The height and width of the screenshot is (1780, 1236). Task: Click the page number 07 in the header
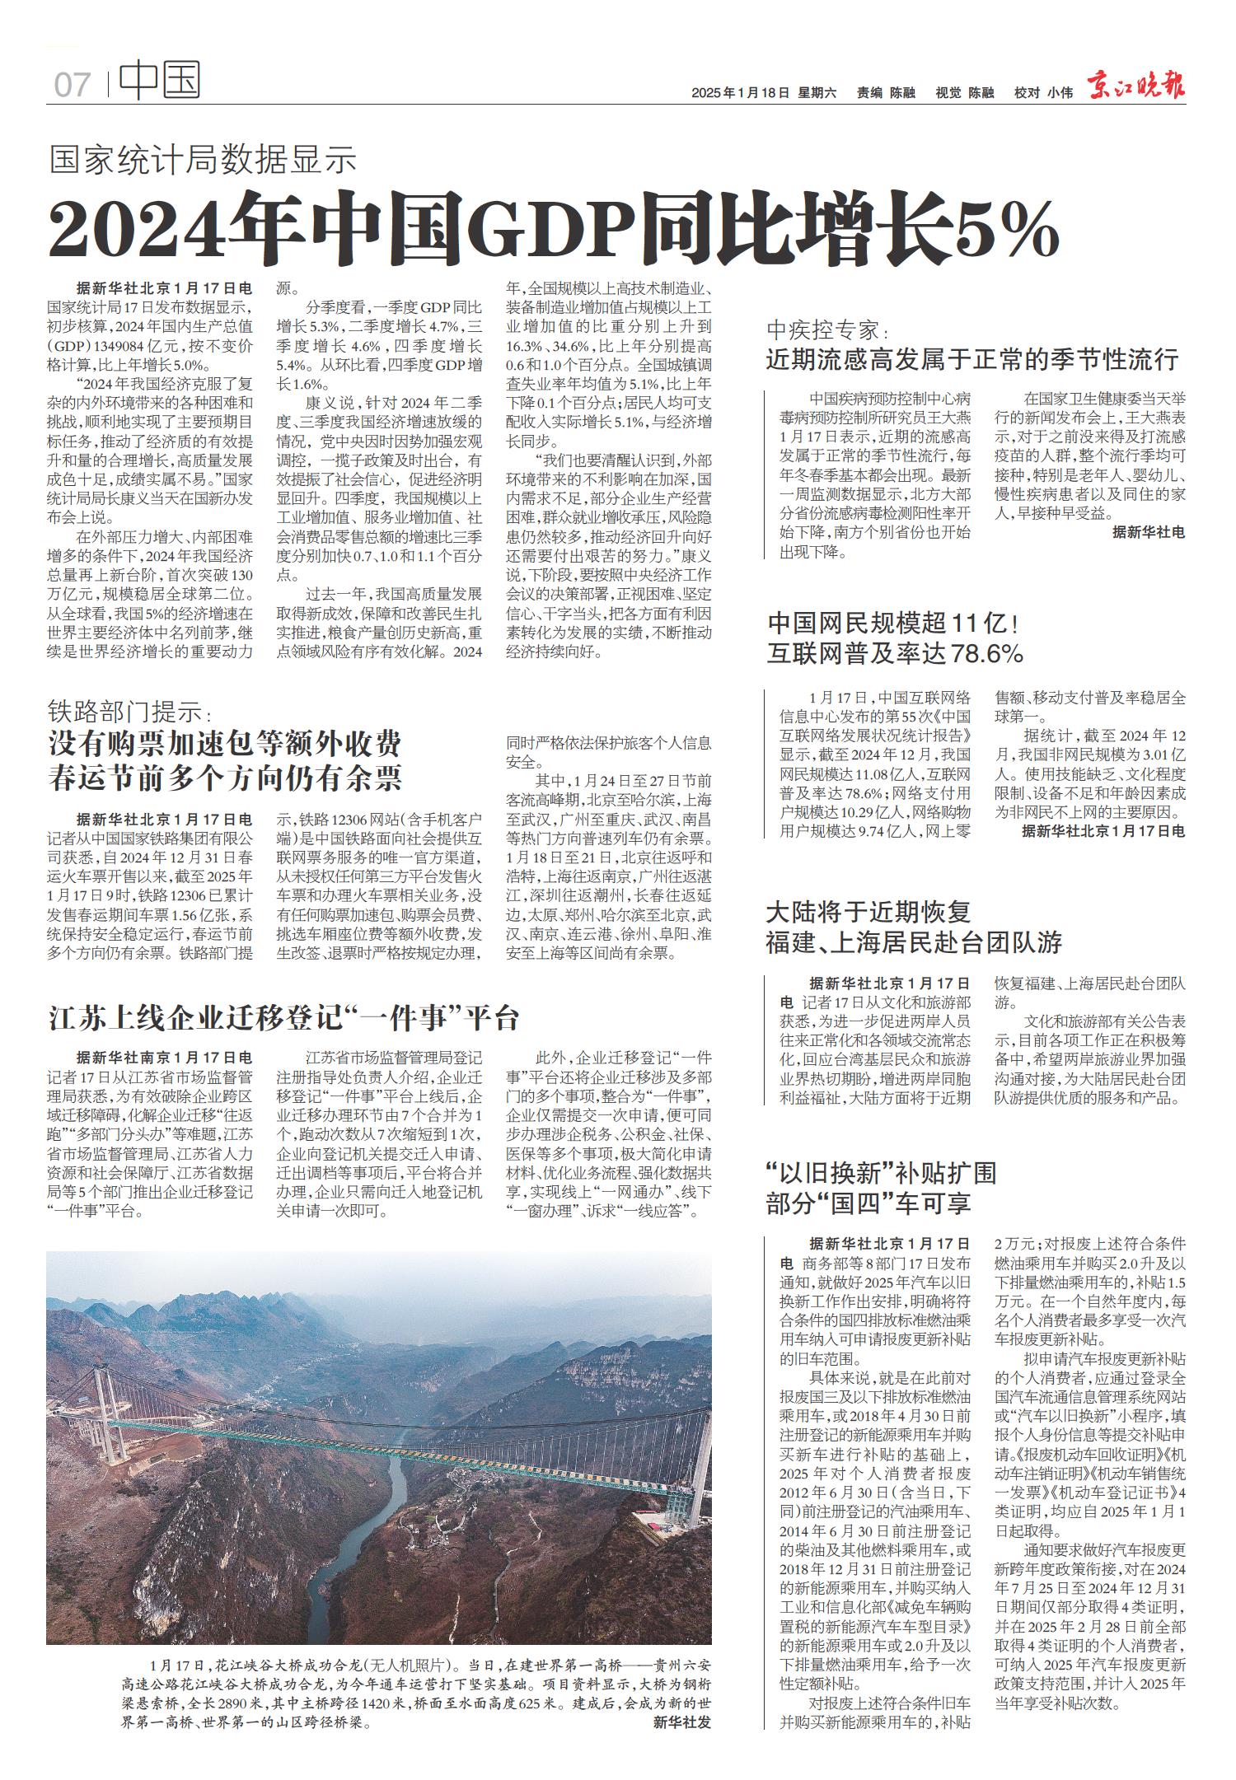click(x=72, y=84)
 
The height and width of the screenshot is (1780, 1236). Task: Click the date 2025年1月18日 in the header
click(x=740, y=93)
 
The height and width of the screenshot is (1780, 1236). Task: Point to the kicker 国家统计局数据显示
click(x=203, y=159)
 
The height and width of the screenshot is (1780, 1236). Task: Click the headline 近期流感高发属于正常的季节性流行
click(x=972, y=360)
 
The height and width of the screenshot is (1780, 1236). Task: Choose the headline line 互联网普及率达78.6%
click(x=895, y=654)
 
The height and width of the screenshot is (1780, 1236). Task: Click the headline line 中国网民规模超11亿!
click(x=894, y=622)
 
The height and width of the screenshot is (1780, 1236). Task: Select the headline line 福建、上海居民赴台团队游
click(x=914, y=942)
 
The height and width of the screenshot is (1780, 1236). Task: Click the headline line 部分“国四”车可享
click(x=868, y=1204)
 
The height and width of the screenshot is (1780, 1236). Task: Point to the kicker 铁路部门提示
click(x=129, y=710)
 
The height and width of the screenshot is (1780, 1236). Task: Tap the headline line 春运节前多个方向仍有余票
click(x=225, y=778)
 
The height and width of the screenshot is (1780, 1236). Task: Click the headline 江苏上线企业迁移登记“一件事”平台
click(x=284, y=1018)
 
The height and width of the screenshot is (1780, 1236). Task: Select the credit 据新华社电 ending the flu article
click(x=1148, y=533)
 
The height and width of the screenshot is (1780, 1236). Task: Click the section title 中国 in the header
click(x=160, y=82)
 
